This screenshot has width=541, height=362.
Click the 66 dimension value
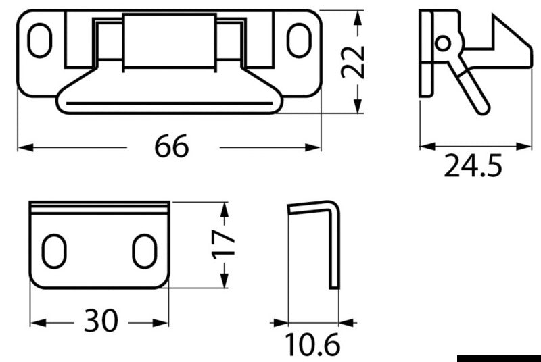172,147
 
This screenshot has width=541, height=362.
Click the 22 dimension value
352,62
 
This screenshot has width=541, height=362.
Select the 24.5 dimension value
473,165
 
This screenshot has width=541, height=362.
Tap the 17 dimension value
223,244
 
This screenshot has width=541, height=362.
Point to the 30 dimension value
101,320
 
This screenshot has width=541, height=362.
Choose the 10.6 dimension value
312,344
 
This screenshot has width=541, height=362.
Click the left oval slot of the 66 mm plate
40,41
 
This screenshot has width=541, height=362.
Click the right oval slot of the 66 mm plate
299,41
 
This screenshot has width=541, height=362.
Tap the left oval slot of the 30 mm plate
54,251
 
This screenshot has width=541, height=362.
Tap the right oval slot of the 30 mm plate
145,251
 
